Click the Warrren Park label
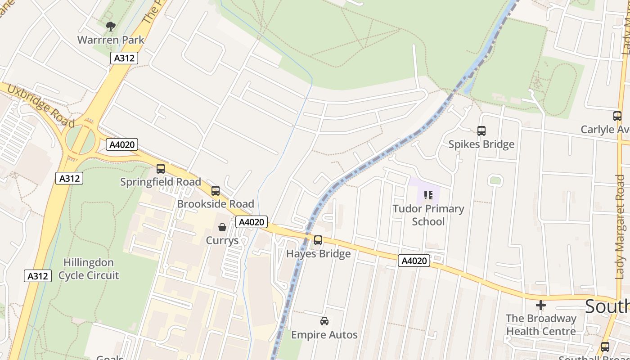click(x=111, y=40)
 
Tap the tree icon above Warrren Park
click(x=111, y=27)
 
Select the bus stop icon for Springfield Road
click(x=160, y=169)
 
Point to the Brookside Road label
click(x=216, y=204)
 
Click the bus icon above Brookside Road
click(x=216, y=191)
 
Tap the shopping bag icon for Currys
click(x=222, y=227)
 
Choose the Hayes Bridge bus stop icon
click(x=318, y=240)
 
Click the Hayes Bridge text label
click(x=318, y=254)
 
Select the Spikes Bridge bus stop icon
click(x=481, y=131)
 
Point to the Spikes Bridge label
click(x=481, y=144)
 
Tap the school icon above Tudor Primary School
click(x=428, y=195)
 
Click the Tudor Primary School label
click(x=428, y=215)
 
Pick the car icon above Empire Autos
click(x=324, y=321)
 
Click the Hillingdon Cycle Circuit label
click(x=89, y=269)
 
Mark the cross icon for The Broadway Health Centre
click(x=540, y=305)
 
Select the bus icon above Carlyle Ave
click(x=617, y=116)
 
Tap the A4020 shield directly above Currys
click(x=252, y=222)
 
